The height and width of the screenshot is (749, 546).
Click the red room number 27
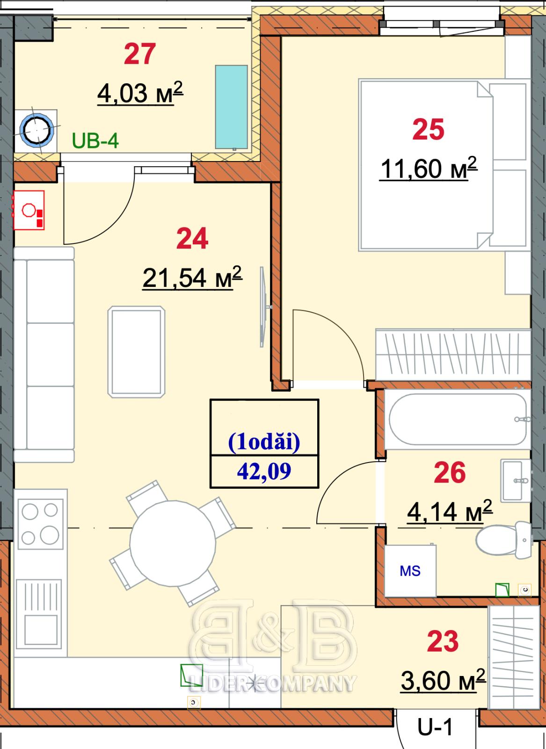(x=140, y=54)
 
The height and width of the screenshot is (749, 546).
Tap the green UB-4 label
(x=95, y=141)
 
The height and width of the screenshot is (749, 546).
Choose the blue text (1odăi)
(x=264, y=442)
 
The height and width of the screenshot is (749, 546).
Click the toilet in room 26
(x=504, y=540)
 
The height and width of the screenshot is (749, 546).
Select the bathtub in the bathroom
(x=458, y=419)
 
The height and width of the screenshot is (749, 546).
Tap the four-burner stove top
(x=40, y=524)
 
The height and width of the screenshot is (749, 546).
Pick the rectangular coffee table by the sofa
(x=136, y=352)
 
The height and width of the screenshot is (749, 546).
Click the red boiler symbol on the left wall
(x=29, y=210)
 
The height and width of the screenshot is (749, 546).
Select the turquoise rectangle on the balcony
(x=231, y=107)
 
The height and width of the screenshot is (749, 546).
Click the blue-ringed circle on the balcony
(x=36, y=130)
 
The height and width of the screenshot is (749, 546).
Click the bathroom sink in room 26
(x=516, y=480)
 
